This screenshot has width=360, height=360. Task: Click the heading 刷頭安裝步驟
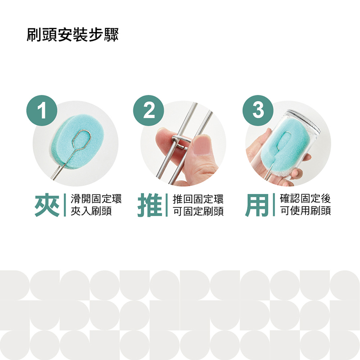[72, 35]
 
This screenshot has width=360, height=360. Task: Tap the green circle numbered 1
[42, 110]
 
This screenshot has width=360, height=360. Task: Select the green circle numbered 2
[148, 110]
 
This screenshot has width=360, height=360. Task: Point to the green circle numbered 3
[258, 110]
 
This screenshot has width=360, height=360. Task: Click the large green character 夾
[47, 205]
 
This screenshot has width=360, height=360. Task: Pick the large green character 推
[150, 205]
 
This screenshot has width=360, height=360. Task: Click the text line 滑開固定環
[96, 199]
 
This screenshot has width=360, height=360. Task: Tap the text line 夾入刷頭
[91, 211]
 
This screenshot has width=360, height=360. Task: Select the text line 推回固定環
[198, 199]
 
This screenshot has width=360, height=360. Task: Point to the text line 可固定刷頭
[198, 211]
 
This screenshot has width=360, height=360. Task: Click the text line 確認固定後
[306, 198]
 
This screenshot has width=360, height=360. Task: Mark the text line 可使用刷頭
[306, 211]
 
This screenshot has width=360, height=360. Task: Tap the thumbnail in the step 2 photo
[202, 145]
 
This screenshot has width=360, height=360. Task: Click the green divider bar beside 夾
[64, 205]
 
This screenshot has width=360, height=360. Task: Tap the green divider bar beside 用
[274, 205]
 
